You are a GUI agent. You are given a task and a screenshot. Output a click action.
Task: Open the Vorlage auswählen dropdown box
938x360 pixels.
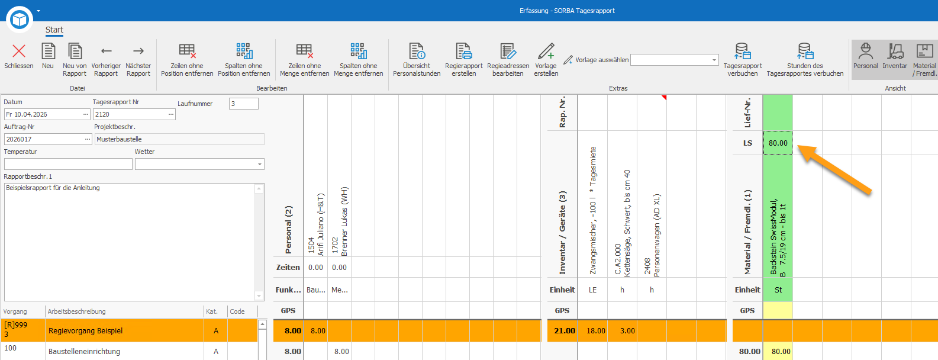[674, 60]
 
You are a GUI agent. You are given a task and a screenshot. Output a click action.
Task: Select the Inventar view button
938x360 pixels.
[895, 57]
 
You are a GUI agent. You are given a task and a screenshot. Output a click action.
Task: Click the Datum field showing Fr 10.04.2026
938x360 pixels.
[47, 114]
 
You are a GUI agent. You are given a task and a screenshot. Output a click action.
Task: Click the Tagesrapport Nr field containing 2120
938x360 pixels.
[134, 114]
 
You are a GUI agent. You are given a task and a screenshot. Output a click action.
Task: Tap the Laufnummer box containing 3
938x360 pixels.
[244, 104]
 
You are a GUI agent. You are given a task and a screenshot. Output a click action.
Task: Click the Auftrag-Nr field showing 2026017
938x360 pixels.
[48, 139]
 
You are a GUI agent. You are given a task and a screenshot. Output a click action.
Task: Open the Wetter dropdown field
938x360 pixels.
[199, 164]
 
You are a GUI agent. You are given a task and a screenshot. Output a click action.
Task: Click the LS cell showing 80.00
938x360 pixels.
[778, 143]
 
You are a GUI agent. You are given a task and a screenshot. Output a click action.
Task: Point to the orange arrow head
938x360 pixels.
[799, 146]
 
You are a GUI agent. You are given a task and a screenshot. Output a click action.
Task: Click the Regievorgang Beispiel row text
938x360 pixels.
[85, 330]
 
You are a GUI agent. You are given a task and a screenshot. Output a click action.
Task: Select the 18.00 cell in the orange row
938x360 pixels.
[595, 330]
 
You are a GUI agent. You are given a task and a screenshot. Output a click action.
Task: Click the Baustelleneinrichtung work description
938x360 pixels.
[84, 351]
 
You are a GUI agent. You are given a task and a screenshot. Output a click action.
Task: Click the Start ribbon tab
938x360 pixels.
[54, 30]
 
